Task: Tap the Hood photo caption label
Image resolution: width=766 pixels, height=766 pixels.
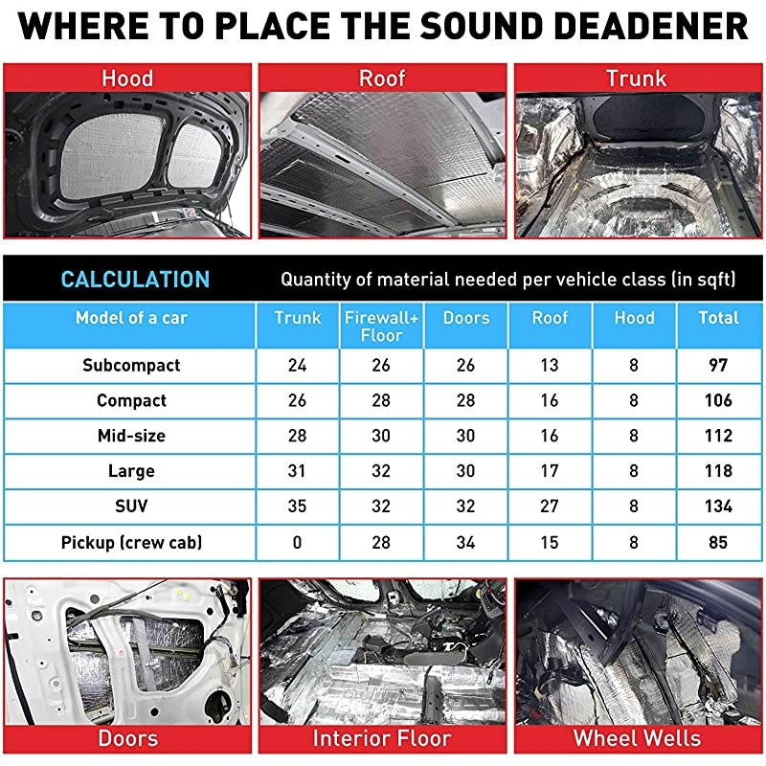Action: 127,78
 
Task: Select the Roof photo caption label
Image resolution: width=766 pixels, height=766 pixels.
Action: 382,78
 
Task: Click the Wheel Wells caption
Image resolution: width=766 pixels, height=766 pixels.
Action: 637,738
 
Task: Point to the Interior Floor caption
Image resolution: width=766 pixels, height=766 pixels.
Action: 382,738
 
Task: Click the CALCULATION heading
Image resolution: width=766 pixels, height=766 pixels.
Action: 135,280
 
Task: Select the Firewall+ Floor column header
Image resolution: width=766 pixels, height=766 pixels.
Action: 381,326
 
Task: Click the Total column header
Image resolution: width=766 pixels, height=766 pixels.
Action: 718,318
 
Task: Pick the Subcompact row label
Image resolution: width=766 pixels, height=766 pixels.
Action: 131,365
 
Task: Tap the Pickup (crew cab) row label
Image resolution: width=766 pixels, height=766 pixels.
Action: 131,542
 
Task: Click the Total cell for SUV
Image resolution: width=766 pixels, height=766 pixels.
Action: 718,507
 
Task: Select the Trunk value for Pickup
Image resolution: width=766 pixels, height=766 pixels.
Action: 297,542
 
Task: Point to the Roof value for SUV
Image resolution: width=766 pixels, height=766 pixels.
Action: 550,507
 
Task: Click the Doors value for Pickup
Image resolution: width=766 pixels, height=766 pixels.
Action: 465,542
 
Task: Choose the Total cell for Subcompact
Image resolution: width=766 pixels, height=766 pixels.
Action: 718,365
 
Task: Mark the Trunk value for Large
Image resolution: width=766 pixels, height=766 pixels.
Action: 297,471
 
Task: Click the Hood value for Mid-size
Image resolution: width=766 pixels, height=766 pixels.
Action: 634,436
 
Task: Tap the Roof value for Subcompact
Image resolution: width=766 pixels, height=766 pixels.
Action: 550,365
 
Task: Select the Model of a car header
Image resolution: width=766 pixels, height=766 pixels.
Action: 131,318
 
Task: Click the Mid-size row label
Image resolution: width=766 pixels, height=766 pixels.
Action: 131,436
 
